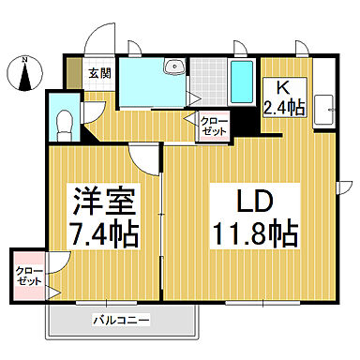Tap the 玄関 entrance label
point(98,71)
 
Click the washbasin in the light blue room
point(172,67)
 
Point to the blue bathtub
point(242,82)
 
